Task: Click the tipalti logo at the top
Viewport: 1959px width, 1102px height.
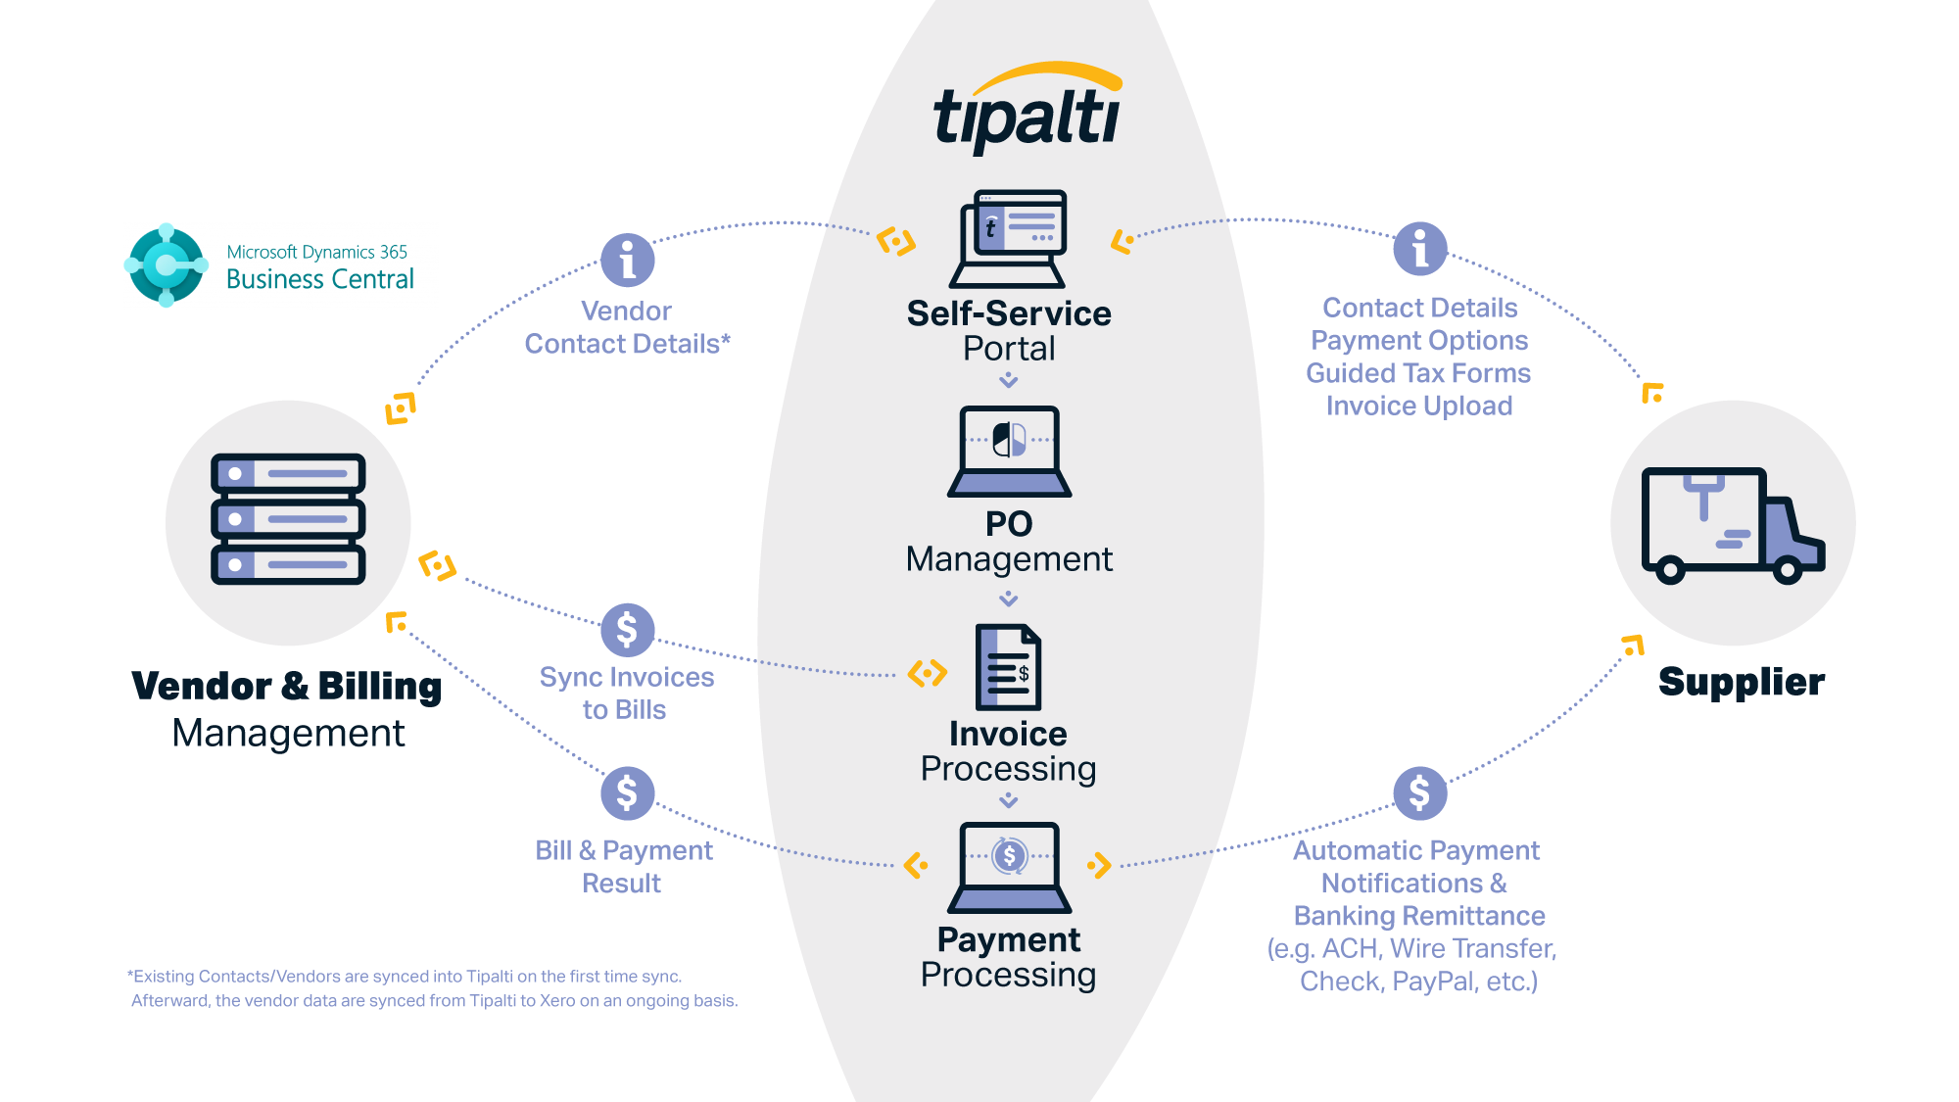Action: click(1027, 110)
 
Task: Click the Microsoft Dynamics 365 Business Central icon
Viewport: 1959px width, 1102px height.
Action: click(167, 264)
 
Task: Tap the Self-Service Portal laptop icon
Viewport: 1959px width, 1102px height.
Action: click(1009, 239)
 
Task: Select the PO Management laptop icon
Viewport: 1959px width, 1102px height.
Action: click(1009, 451)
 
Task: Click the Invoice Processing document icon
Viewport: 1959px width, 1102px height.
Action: click(1008, 667)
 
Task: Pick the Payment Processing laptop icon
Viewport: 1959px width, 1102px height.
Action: click(1009, 867)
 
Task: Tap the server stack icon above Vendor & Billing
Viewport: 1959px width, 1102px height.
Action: click(288, 519)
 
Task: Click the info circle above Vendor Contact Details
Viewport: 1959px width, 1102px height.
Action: click(627, 260)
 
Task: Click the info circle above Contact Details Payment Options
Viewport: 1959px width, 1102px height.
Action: click(1419, 249)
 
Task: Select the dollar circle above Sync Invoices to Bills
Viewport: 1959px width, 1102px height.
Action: click(627, 630)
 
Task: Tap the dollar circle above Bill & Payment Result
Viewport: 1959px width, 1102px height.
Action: click(627, 793)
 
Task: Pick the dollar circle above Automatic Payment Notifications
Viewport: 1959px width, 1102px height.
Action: click(1419, 793)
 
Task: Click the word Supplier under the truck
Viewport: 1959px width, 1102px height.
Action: click(1741, 682)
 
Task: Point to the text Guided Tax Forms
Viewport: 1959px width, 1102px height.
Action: click(1417, 373)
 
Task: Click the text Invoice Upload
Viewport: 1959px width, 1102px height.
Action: click(1418, 406)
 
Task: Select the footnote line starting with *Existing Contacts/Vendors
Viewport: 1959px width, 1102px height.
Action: click(405, 976)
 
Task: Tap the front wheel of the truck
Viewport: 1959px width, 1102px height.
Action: click(1788, 570)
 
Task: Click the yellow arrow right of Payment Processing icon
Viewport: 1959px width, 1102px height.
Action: click(1099, 865)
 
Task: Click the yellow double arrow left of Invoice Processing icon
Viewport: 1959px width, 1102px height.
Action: click(927, 673)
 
